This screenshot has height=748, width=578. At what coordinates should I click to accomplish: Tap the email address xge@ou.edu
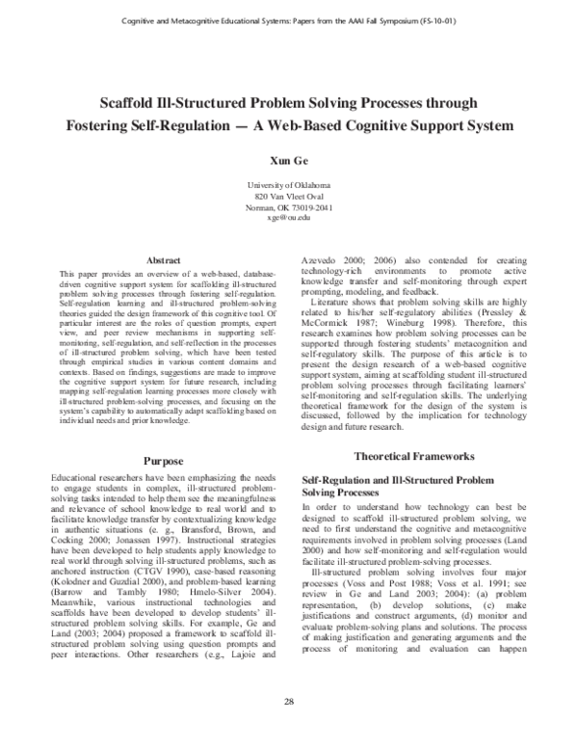click(288, 218)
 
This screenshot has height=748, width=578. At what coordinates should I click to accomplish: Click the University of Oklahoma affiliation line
click(288, 183)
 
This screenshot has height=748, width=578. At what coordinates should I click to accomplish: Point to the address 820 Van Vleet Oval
click(288, 195)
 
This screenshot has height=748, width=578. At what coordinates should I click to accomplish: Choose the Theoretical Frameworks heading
click(415, 453)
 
